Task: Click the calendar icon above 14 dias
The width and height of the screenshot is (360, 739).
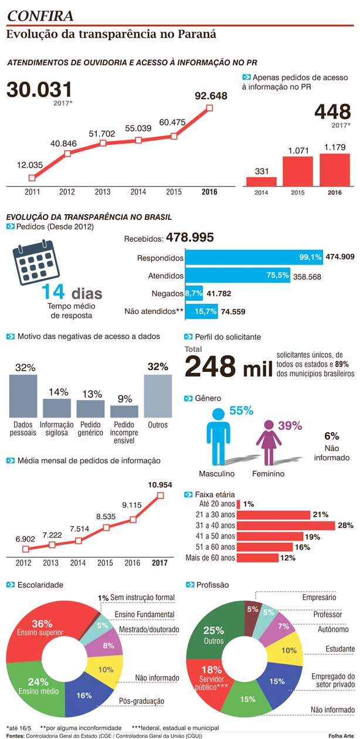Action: click(x=36, y=262)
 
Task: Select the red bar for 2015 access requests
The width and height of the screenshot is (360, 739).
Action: click(x=298, y=171)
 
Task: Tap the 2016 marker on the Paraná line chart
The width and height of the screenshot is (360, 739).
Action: click(x=209, y=108)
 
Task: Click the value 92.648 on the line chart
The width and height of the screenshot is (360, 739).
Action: click(x=211, y=96)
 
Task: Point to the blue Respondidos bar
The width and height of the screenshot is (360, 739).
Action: click(x=254, y=257)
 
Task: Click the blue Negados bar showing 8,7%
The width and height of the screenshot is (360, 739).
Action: click(x=194, y=293)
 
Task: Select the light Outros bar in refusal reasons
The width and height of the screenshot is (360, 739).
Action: click(x=158, y=396)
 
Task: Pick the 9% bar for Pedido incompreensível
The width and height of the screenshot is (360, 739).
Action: click(x=124, y=411)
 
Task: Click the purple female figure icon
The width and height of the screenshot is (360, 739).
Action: click(x=269, y=442)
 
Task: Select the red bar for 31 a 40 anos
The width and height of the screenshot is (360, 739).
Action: click(x=286, y=526)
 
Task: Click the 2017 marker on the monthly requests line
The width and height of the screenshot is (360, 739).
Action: click(x=160, y=495)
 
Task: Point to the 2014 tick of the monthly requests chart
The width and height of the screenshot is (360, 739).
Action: click(x=78, y=563)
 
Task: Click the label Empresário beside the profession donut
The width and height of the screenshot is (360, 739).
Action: click(x=319, y=597)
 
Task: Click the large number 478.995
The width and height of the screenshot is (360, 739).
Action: click(x=190, y=237)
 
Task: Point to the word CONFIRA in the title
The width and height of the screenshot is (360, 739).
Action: click(x=40, y=16)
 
